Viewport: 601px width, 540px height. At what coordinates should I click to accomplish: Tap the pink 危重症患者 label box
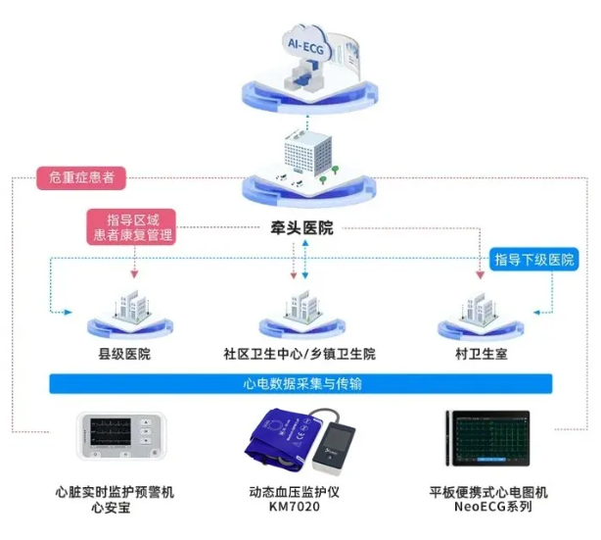[81, 177]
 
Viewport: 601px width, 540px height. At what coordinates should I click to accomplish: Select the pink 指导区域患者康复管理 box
[131, 227]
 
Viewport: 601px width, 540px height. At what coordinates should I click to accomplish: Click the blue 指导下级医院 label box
[533, 260]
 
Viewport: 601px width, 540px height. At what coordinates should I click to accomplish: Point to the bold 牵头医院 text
[302, 228]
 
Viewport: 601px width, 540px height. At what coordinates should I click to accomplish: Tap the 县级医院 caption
[124, 354]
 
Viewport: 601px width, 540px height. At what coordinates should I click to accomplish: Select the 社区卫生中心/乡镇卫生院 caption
[300, 354]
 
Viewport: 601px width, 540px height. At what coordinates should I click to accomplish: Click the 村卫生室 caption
[482, 354]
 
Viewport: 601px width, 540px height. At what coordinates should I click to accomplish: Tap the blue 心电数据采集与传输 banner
[300, 384]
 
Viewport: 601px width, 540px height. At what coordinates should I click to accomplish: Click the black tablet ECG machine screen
[491, 438]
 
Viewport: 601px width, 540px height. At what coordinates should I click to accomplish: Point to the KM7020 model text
[295, 507]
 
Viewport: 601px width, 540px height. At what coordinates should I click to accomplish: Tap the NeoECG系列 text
[493, 507]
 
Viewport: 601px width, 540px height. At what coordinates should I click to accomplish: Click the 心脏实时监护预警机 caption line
[115, 492]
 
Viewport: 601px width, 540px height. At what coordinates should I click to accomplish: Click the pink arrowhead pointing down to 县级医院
[134, 274]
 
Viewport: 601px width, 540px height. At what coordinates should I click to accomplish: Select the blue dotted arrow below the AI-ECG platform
[307, 122]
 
